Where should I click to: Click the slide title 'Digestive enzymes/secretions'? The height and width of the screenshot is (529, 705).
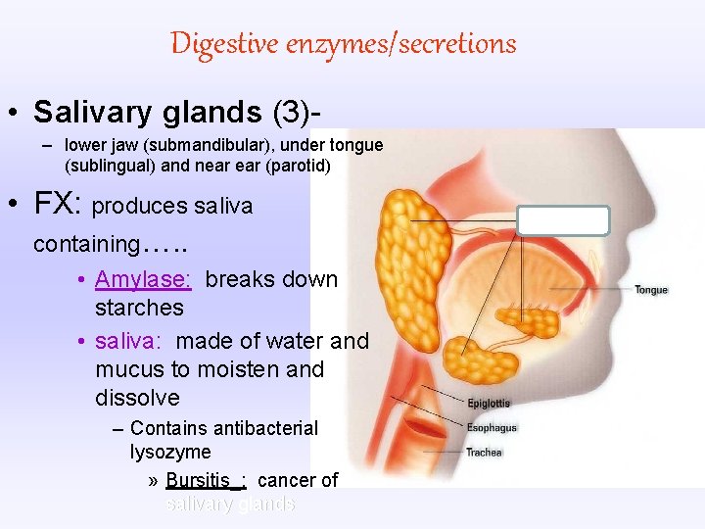click(343, 44)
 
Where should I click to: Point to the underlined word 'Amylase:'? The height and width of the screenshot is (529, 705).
click(143, 279)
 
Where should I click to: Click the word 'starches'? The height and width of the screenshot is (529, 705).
click(139, 308)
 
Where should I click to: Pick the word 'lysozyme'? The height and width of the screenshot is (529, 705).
click(170, 452)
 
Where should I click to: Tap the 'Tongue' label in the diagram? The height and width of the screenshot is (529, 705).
click(651, 290)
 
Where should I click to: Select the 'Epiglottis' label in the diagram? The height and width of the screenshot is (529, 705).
click(489, 404)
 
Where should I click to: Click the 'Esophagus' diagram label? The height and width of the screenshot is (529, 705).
click(492, 428)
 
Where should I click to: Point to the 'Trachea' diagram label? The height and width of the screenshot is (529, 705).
click(484, 453)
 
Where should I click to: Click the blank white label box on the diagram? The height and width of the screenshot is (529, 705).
click(563, 220)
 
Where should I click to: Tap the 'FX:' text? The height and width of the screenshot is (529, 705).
click(58, 204)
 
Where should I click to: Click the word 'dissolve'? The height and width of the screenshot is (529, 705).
click(137, 398)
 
